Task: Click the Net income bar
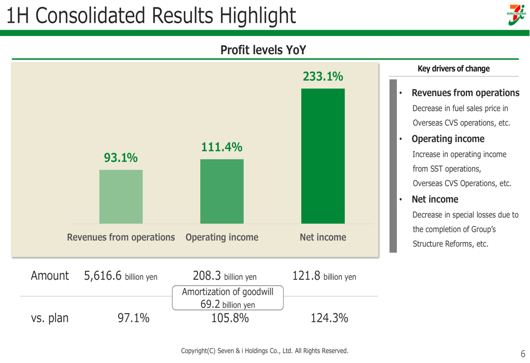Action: [323, 156]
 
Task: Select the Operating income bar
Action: [222, 191]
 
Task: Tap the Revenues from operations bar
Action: [121, 197]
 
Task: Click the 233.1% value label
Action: [323, 77]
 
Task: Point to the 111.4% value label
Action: [222, 147]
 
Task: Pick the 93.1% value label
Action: [121, 158]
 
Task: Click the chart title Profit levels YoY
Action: [263, 50]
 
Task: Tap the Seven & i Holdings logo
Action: [516, 15]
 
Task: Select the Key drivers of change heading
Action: [454, 68]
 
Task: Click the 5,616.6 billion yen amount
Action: [121, 276]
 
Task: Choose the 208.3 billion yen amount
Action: [225, 276]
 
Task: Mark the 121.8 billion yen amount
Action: [324, 276]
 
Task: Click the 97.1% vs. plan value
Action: [133, 318]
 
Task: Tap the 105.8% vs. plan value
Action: [227, 318]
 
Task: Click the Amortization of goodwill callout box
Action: [227, 297]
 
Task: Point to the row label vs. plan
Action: [49, 318]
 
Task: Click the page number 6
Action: [523, 354]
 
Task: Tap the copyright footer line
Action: [264, 351]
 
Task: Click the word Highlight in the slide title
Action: [254, 15]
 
